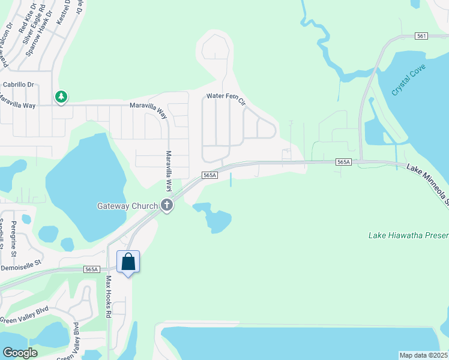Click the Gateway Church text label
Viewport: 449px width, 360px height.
(127, 206)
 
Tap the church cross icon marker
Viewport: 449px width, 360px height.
(167, 206)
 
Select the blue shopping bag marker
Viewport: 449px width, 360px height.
(128, 263)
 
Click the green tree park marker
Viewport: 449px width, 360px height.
(61, 97)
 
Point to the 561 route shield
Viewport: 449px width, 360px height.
(421, 36)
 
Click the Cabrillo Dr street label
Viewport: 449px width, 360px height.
(19, 85)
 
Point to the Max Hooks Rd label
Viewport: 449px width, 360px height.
(109, 296)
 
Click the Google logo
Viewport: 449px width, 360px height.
(20, 352)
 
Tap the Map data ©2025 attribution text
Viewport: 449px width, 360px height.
(424, 355)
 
